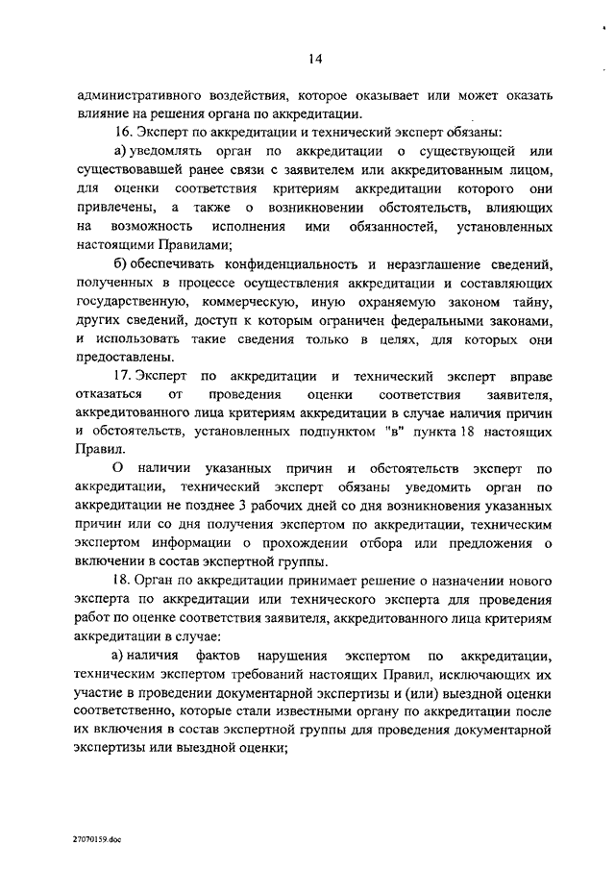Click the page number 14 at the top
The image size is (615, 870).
click(x=314, y=60)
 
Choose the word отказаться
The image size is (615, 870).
click(x=111, y=394)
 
